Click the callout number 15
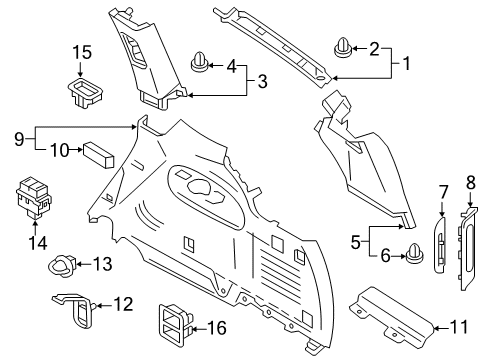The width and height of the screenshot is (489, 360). pos(81,51)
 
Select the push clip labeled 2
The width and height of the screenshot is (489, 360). pos(343,47)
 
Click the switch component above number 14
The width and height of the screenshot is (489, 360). pos(34,196)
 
